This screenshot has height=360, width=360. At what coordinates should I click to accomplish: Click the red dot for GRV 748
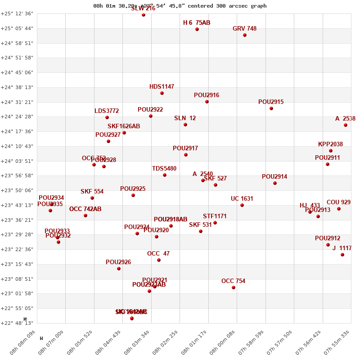pyautogui.click(x=245, y=35)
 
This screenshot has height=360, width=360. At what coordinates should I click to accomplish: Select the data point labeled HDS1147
pyautogui.click(x=162, y=93)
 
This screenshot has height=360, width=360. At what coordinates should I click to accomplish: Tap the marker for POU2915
pyautogui.click(x=271, y=108)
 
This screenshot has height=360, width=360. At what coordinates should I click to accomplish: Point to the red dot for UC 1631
pyautogui.click(x=242, y=205)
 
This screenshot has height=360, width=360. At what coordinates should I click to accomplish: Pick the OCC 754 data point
pyautogui.click(x=234, y=288)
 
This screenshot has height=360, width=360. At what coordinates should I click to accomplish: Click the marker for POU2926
pyautogui.click(x=119, y=269)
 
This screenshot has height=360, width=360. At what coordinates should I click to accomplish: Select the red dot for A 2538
pyautogui.click(x=346, y=125)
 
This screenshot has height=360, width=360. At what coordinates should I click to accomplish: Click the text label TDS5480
pyautogui.click(x=164, y=169)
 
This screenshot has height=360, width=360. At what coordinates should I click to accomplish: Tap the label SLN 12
pyautogui.click(x=185, y=118)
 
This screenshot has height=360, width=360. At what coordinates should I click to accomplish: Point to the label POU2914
pyautogui.click(x=274, y=177)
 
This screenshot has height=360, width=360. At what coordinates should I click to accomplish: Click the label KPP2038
pyautogui.click(x=330, y=144)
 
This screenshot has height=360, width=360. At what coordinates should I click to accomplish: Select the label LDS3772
pyautogui.click(x=107, y=111)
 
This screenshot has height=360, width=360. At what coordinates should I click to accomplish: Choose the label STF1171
pyautogui.click(x=215, y=216)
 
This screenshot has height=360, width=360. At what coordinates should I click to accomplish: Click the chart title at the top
pyautogui.click(x=180, y=6)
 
